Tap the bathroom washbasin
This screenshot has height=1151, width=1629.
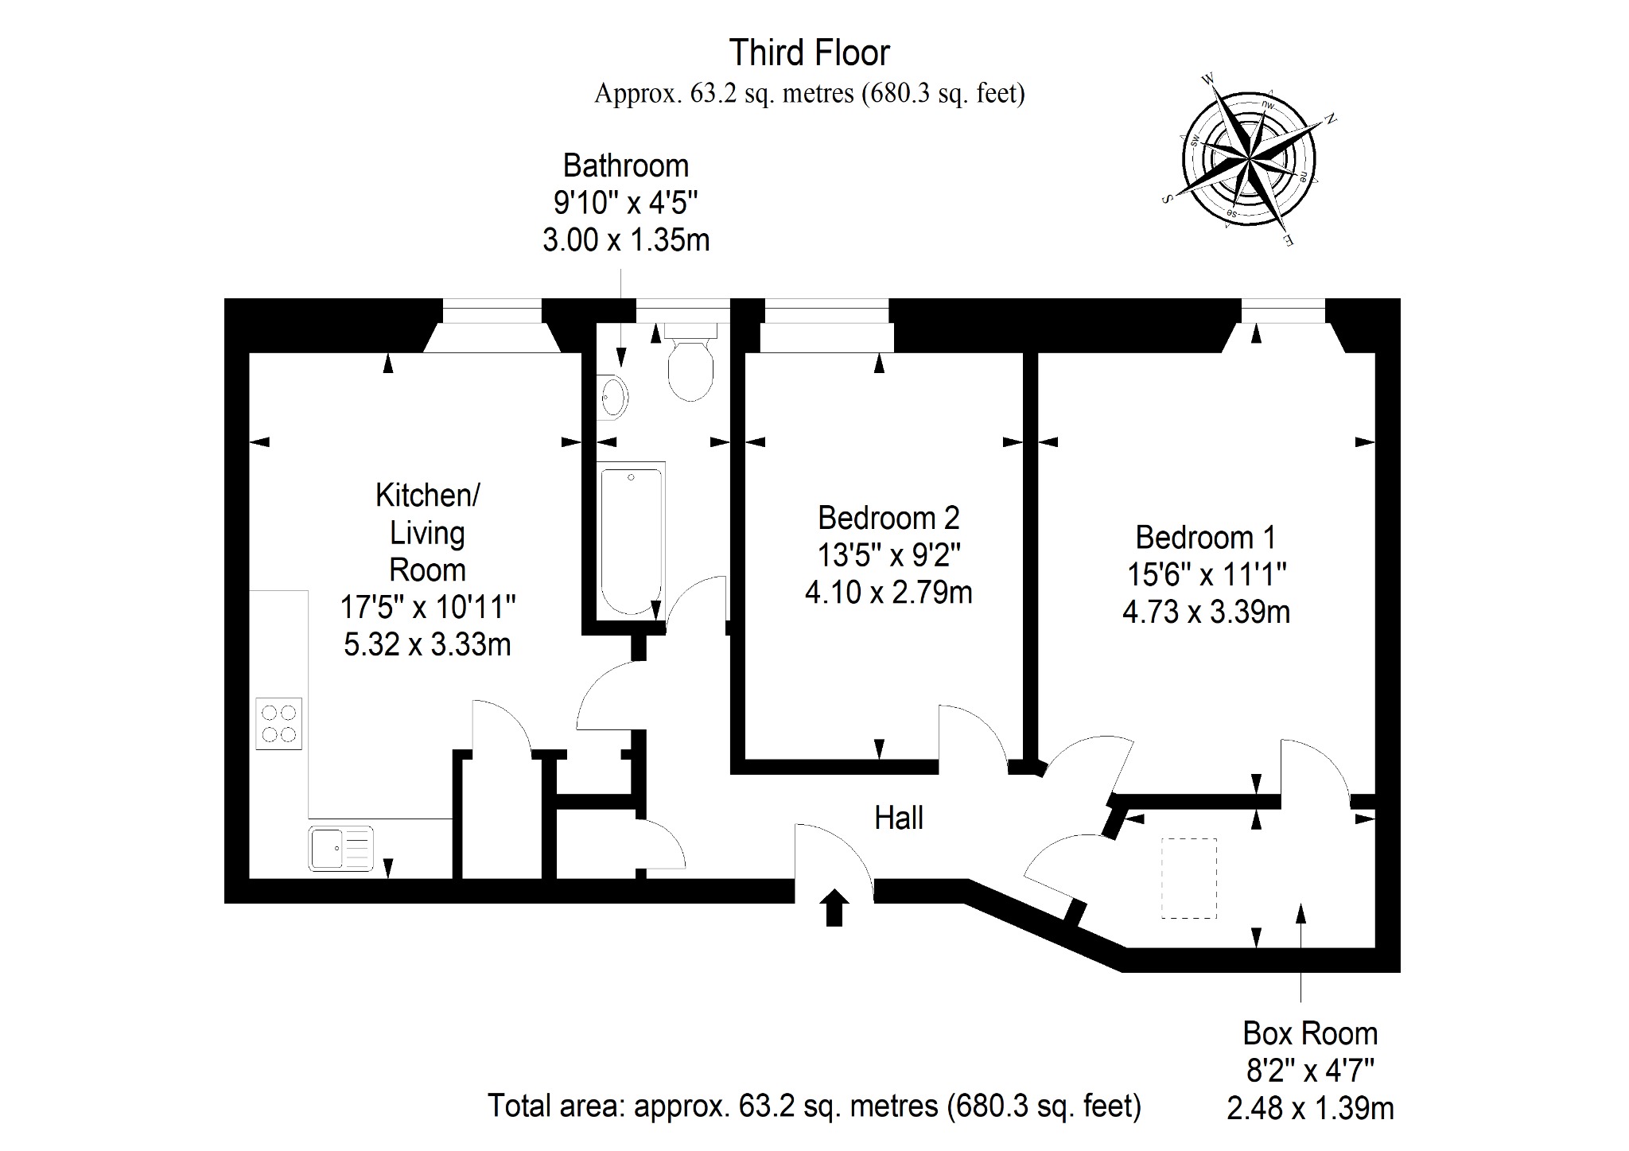tap(613, 395)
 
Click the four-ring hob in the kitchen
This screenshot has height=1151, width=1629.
tap(279, 723)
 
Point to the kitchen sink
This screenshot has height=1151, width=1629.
tap(341, 848)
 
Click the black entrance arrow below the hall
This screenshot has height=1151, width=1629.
tap(834, 908)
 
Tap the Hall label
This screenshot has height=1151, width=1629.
tap(899, 818)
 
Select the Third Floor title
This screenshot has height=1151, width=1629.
tap(810, 53)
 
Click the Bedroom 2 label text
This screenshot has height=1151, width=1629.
tap(888, 518)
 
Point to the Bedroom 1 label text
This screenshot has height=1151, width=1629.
tap(1205, 538)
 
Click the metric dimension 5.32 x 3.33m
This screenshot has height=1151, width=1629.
tap(427, 644)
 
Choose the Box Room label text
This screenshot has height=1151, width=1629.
tap(1310, 1033)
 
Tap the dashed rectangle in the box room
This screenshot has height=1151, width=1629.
tap(1189, 878)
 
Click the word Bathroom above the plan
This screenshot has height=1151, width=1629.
tap(626, 165)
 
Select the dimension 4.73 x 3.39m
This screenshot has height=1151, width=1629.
tap(1206, 612)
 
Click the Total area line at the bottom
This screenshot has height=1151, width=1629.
tap(814, 1106)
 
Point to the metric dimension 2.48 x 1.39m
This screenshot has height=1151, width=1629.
tap(1310, 1108)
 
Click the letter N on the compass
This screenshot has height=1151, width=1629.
tap(1329, 119)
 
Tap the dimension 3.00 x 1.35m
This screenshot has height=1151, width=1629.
tap(626, 239)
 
